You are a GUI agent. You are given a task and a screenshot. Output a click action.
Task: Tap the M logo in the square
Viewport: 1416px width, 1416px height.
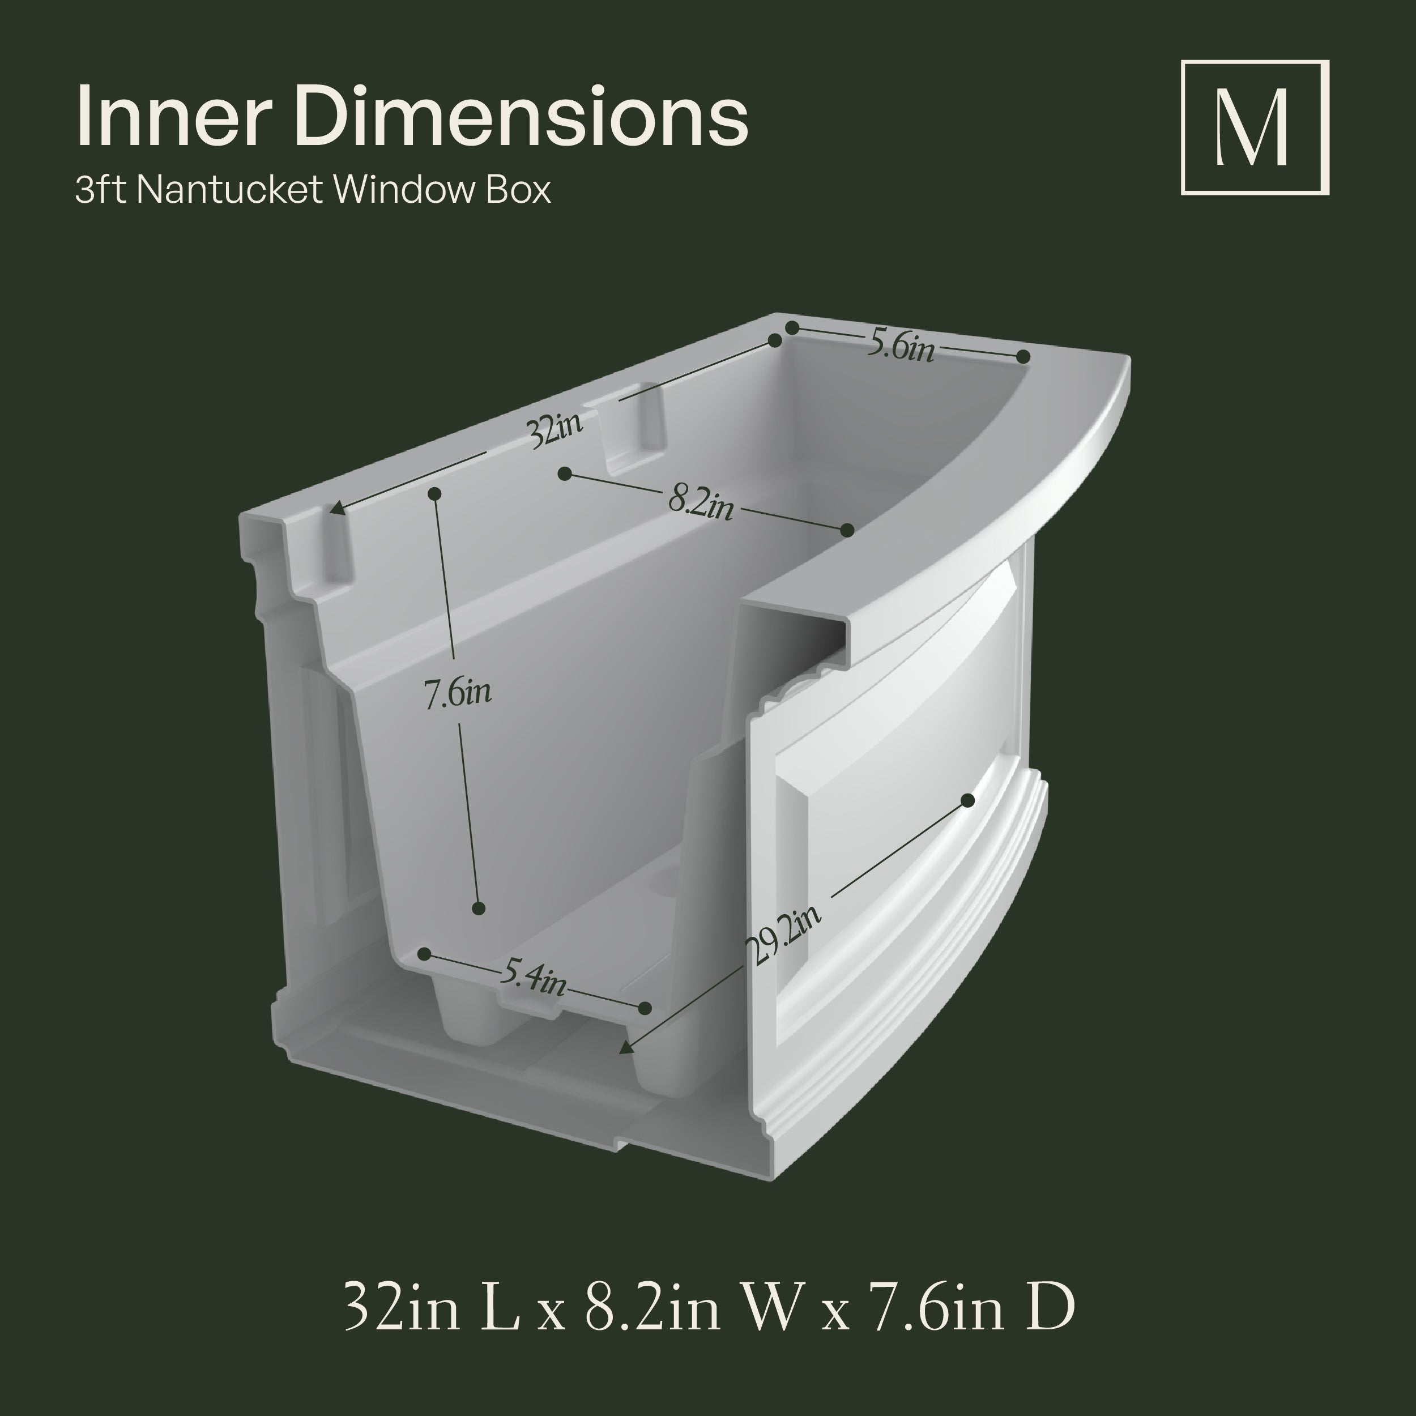[1254, 127]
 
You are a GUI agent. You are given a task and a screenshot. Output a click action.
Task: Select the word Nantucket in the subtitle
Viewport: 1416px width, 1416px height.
[229, 190]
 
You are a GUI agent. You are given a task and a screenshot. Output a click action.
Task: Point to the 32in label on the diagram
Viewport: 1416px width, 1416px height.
[556, 431]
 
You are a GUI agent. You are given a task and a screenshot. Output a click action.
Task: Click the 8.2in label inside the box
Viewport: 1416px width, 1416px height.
[701, 504]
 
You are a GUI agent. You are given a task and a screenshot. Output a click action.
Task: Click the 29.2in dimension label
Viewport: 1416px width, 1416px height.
[783, 936]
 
